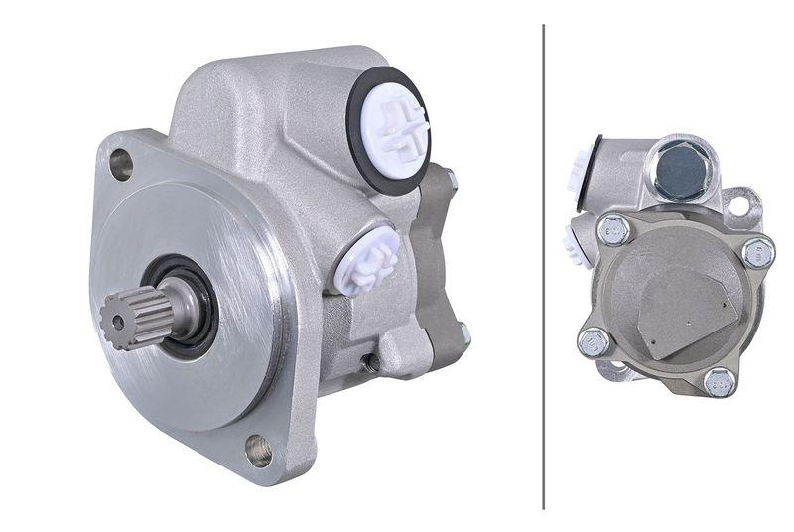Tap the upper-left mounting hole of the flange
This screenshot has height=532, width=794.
(x=121, y=163)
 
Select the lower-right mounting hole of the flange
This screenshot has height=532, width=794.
(x=259, y=449)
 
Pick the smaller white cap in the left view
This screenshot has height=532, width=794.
(x=365, y=259)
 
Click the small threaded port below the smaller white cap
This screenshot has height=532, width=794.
(x=371, y=363)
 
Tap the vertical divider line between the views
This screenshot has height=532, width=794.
(x=544, y=266)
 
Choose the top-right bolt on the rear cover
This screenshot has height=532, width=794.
(x=758, y=252)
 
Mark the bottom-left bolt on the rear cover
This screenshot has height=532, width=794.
(x=594, y=341)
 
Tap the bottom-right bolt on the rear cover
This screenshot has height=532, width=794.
(x=720, y=381)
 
